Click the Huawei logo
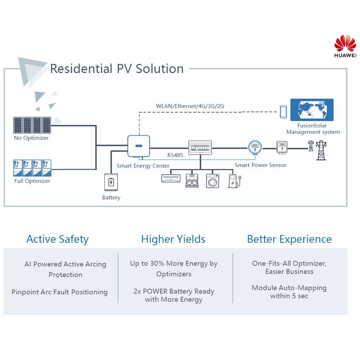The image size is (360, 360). click(345, 46)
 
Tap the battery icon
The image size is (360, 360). click(111, 182)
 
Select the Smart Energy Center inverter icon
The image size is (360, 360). click(138, 146)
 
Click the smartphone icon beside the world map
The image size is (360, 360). click(283, 112)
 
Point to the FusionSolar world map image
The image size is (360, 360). click(312, 110)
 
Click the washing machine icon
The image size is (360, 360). click(212, 181)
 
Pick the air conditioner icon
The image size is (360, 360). click(171, 178)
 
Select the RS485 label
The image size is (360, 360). click(175, 155)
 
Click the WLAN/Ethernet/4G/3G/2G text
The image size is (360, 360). click(190, 106)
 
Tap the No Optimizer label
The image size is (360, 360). click(31, 138)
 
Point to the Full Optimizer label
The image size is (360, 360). click(32, 181)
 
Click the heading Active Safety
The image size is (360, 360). click(58, 239)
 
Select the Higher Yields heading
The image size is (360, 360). click(173, 239)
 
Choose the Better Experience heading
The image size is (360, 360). click(289, 239)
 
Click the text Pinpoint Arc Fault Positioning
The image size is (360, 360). click(59, 292)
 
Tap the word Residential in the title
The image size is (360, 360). click(81, 68)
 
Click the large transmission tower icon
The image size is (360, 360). click(321, 150)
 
